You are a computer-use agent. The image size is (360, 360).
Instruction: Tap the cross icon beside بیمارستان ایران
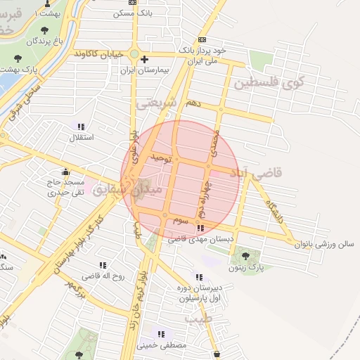pyautogui.click(x=144, y=60)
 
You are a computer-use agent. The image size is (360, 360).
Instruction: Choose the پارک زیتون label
pyautogui.click(x=245, y=268)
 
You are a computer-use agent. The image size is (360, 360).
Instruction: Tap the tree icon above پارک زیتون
pyautogui.click(x=245, y=255)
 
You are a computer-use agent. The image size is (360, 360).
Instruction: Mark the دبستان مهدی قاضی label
pyautogui.click(x=199, y=240)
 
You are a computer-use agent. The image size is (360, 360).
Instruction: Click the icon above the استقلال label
pyautogui.click(x=81, y=127)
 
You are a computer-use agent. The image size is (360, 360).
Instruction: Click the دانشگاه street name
pyautogui.click(x=274, y=211)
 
